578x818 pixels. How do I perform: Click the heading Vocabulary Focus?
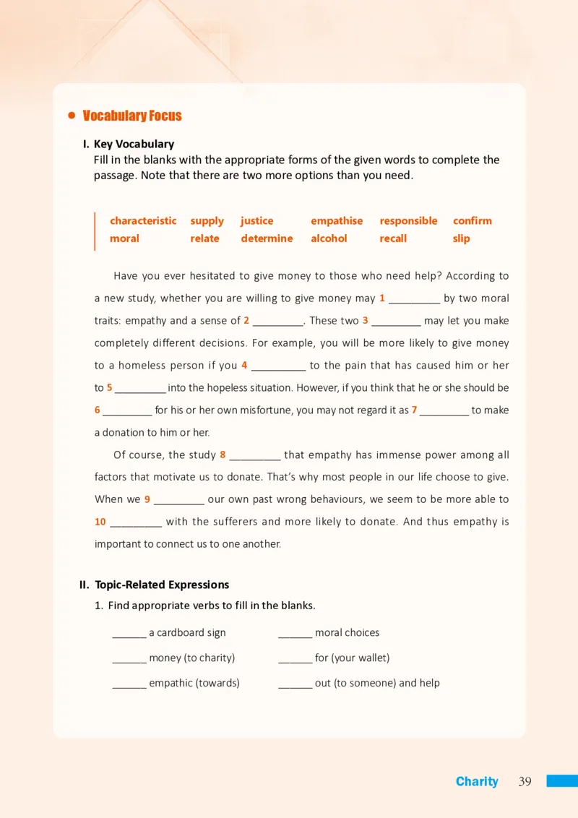click(132, 116)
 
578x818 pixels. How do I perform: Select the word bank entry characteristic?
click(143, 220)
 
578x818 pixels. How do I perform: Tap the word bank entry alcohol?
click(329, 238)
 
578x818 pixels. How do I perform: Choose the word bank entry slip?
click(461, 238)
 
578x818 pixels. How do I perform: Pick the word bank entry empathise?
click(337, 220)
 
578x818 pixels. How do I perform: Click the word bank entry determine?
click(267, 238)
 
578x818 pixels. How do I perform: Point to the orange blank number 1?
click(382, 298)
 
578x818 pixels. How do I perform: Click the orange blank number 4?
click(244, 365)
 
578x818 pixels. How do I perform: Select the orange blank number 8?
click(223, 455)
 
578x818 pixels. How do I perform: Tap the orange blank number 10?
click(100, 522)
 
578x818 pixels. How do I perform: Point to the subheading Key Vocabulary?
click(134, 144)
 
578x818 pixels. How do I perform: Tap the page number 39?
click(525, 781)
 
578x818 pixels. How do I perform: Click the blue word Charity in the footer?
click(477, 781)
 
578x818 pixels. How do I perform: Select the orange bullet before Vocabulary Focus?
click(72, 116)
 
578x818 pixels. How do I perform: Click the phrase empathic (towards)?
click(194, 683)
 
